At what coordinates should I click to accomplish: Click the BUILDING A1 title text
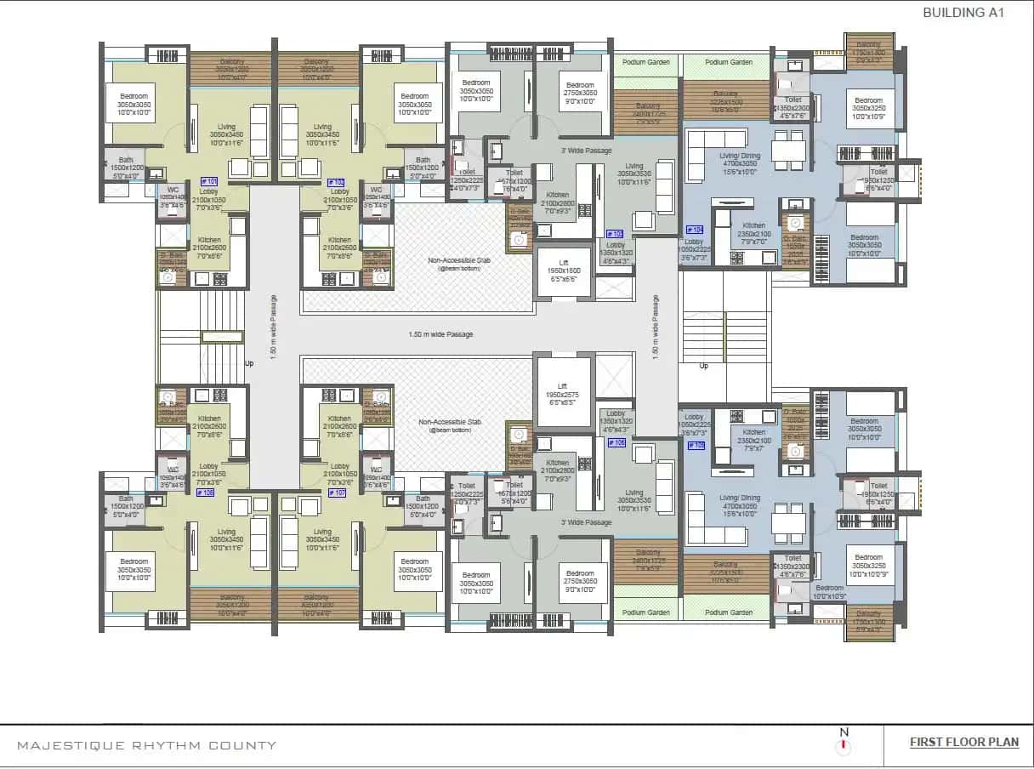pyautogui.click(x=963, y=13)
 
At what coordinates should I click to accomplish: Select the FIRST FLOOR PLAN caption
pyautogui.click(x=964, y=742)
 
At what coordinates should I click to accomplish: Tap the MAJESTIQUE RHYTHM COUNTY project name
pyautogui.click(x=147, y=746)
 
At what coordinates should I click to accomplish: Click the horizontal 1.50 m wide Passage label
pyautogui.click(x=440, y=334)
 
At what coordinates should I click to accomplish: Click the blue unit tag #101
pyautogui.click(x=208, y=181)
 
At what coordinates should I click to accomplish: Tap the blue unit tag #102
pyautogui.click(x=337, y=182)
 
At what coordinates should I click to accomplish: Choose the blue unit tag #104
pyautogui.click(x=694, y=230)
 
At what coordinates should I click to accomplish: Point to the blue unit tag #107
pyautogui.click(x=337, y=493)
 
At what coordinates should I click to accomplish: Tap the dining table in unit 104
pyautogui.click(x=788, y=151)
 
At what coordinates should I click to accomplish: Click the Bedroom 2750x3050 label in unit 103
pyautogui.click(x=581, y=92)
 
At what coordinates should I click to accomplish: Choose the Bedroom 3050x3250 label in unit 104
pyautogui.click(x=868, y=108)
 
